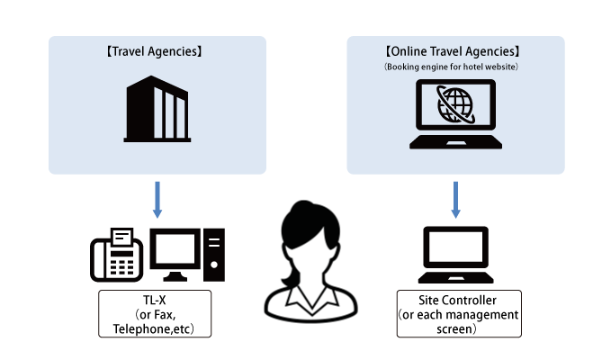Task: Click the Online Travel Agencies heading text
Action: (455, 52)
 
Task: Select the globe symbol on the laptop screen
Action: (454, 105)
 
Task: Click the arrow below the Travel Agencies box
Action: (157, 199)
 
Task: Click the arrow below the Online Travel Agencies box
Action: (455, 199)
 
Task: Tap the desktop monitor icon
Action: (175, 253)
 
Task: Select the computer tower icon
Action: (214, 255)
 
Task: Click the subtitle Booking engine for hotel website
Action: (455, 67)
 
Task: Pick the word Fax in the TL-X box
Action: (172, 314)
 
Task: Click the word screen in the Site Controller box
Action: (455, 329)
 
